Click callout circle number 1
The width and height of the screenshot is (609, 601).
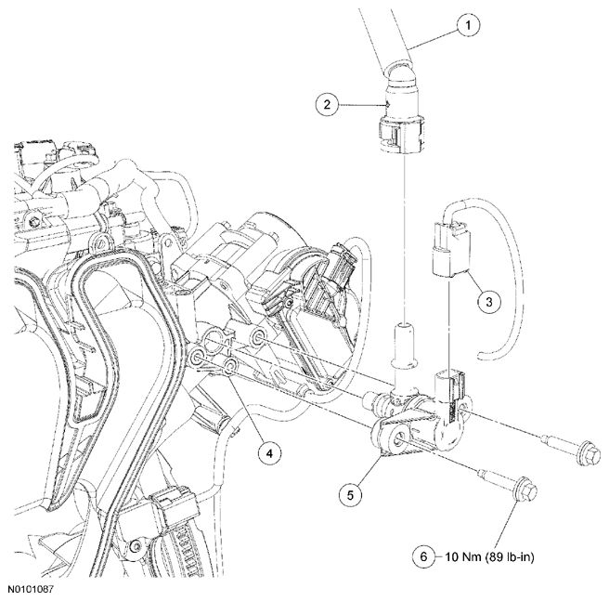(468, 25)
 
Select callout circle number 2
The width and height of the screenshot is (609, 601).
(327, 104)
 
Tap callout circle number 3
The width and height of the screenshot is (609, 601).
(488, 301)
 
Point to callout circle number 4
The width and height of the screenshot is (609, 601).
(269, 453)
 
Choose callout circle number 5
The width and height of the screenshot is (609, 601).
(350, 495)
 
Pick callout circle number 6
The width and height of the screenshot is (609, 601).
(423, 556)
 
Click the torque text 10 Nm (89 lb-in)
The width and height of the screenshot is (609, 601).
(489, 557)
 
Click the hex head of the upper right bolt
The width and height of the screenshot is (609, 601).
(588, 454)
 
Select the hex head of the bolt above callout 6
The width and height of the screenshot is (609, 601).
(525, 490)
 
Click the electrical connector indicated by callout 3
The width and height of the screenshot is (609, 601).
(450, 249)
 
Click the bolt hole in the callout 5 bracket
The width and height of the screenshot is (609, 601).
(399, 441)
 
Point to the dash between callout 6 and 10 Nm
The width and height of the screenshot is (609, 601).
(439, 556)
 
